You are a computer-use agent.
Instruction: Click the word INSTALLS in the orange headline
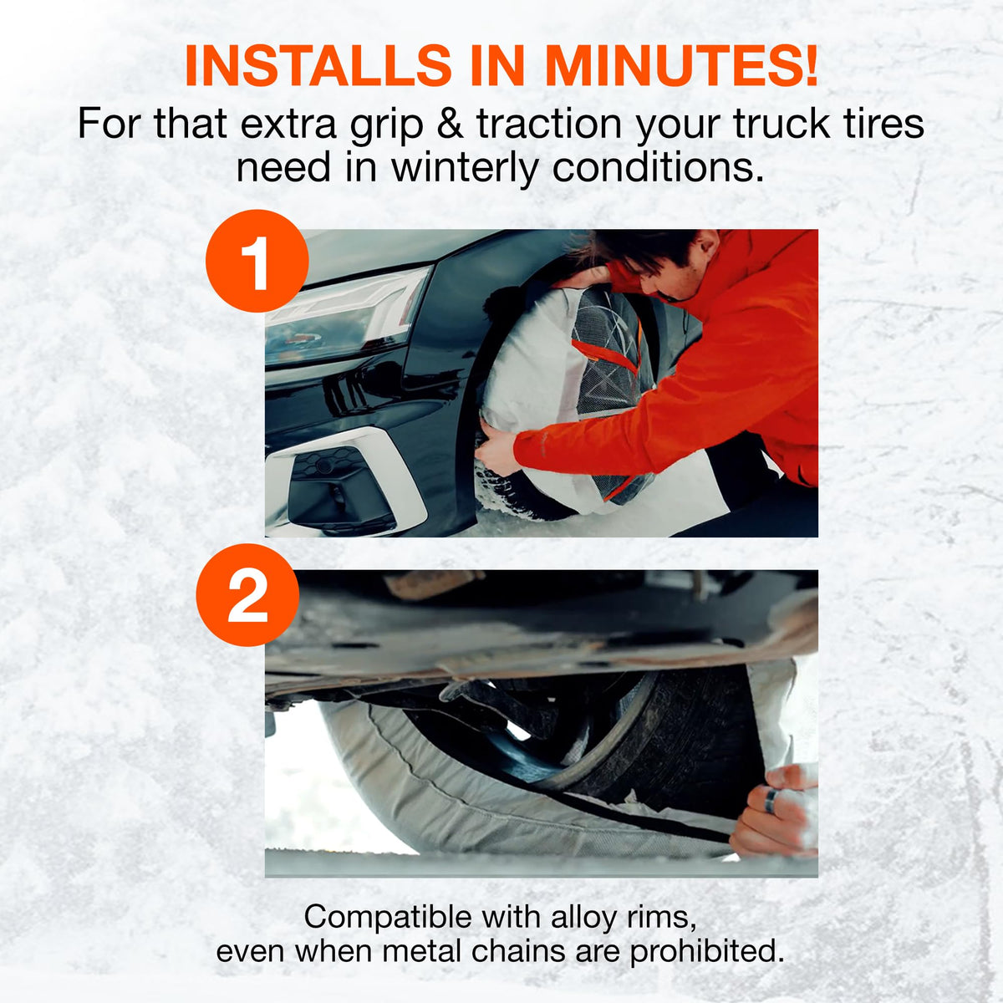pos(318,65)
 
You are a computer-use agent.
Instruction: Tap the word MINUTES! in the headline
pos(682,65)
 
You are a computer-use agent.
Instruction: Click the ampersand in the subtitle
pos(451,125)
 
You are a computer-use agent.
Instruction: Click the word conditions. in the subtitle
pos(659,168)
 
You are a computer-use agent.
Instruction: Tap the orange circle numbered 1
pos(257,260)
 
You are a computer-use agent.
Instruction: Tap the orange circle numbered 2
pos(247,595)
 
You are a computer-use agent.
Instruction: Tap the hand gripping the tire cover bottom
pos(497,449)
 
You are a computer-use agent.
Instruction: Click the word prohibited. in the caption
pos(706,953)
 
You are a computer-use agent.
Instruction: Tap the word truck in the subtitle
pos(782,124)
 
